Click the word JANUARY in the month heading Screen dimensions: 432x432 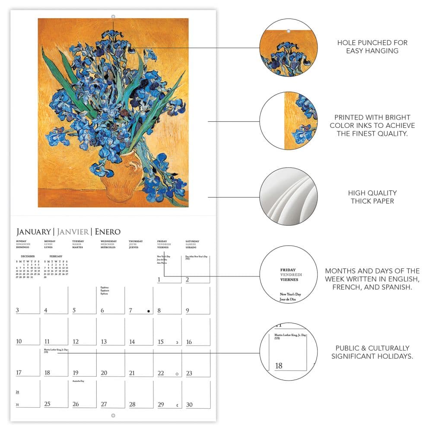(33, 232)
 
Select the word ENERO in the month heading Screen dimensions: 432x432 (108, 232)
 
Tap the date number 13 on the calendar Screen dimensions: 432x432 (104, 342)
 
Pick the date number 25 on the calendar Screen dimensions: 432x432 (47, 404)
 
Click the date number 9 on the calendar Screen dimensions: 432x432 (187, 310)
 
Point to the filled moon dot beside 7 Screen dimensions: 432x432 (148, 311)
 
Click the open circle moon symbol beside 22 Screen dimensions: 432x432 (177, 374)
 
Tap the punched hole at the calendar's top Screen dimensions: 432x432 (113, 17)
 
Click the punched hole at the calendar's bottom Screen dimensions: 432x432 (113, 416)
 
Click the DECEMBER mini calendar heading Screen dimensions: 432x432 (28, 256)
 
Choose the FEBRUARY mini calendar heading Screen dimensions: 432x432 (56, 256)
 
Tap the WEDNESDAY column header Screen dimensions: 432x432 (108, 241)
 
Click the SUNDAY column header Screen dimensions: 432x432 (21, 241)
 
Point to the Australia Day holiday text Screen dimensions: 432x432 (79, 381)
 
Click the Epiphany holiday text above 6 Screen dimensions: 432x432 (105, 287)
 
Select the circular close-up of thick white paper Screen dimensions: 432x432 (288, 197)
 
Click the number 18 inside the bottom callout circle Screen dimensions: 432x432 (279, 366)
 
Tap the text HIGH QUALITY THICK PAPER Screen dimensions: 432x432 (372, 197)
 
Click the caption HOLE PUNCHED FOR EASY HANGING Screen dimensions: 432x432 (372, 47)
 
